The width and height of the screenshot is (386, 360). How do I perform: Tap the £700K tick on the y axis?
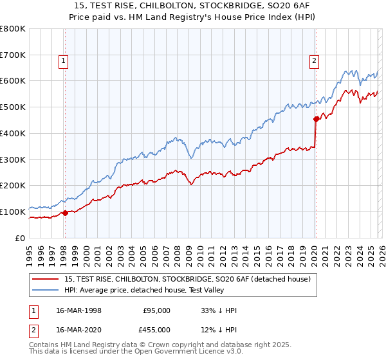pos(13,55)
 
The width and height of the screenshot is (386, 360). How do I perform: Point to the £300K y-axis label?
pos(13,159)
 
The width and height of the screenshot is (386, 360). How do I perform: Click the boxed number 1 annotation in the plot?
pos(64,61)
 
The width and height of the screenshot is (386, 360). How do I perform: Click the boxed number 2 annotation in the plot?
pos(314,61)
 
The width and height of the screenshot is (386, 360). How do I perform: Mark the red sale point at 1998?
pos(65,213)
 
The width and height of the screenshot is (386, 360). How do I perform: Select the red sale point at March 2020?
pos(315,119)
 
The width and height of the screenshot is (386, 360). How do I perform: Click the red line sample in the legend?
pos(46,279)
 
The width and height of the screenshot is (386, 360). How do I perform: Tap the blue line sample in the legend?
pos(46,290)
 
